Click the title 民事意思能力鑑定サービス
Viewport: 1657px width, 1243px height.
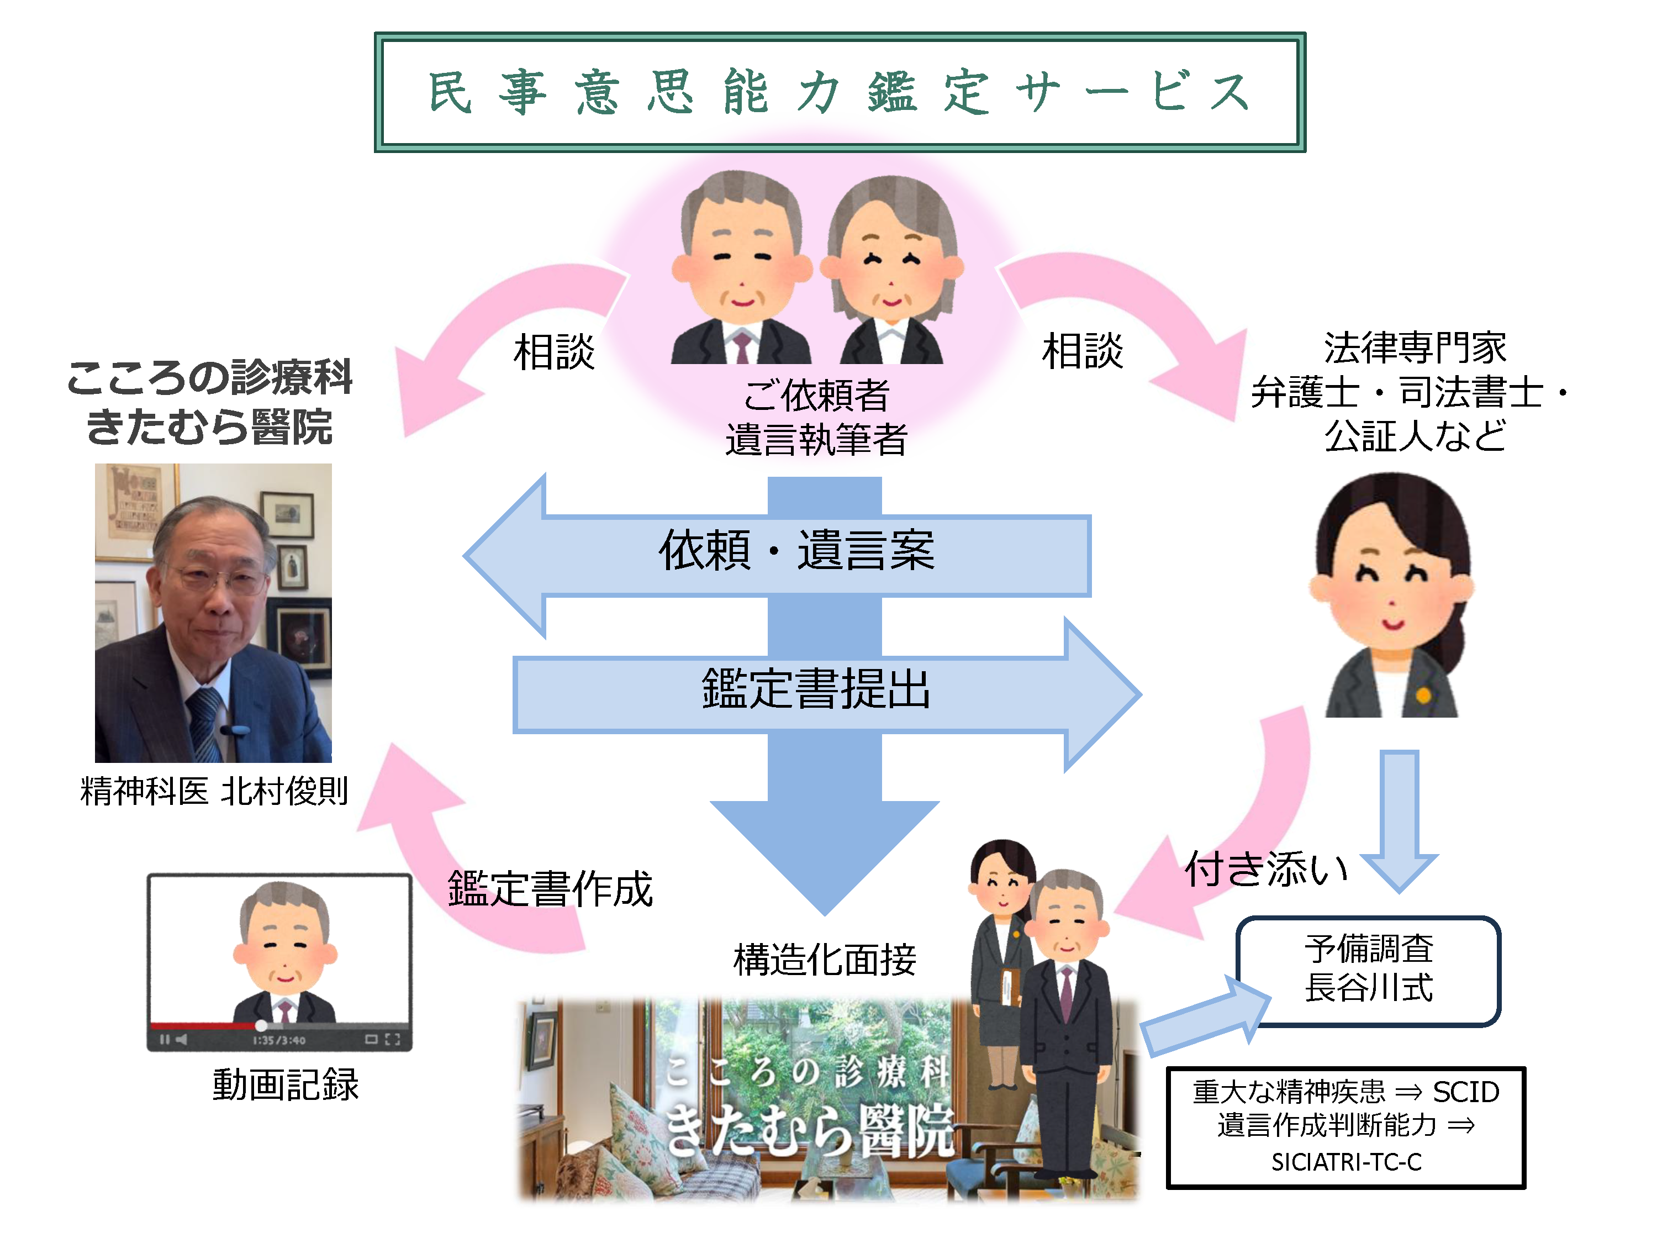839,92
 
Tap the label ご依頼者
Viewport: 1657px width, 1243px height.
816,396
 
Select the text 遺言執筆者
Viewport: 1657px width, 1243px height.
816,440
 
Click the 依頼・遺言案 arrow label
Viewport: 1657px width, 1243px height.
796,551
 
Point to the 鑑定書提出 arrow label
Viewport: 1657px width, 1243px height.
816,688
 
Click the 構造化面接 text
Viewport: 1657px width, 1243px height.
824,960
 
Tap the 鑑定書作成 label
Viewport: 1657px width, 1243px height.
550,889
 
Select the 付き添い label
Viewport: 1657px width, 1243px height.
1266,870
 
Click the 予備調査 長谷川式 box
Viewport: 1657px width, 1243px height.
1368,970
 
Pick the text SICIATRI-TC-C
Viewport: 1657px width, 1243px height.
1346,1162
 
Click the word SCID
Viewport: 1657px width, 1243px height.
1466,1092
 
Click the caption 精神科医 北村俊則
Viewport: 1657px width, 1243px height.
214,791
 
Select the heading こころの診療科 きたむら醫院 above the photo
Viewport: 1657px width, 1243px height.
210,402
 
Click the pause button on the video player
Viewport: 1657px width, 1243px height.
164,1039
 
